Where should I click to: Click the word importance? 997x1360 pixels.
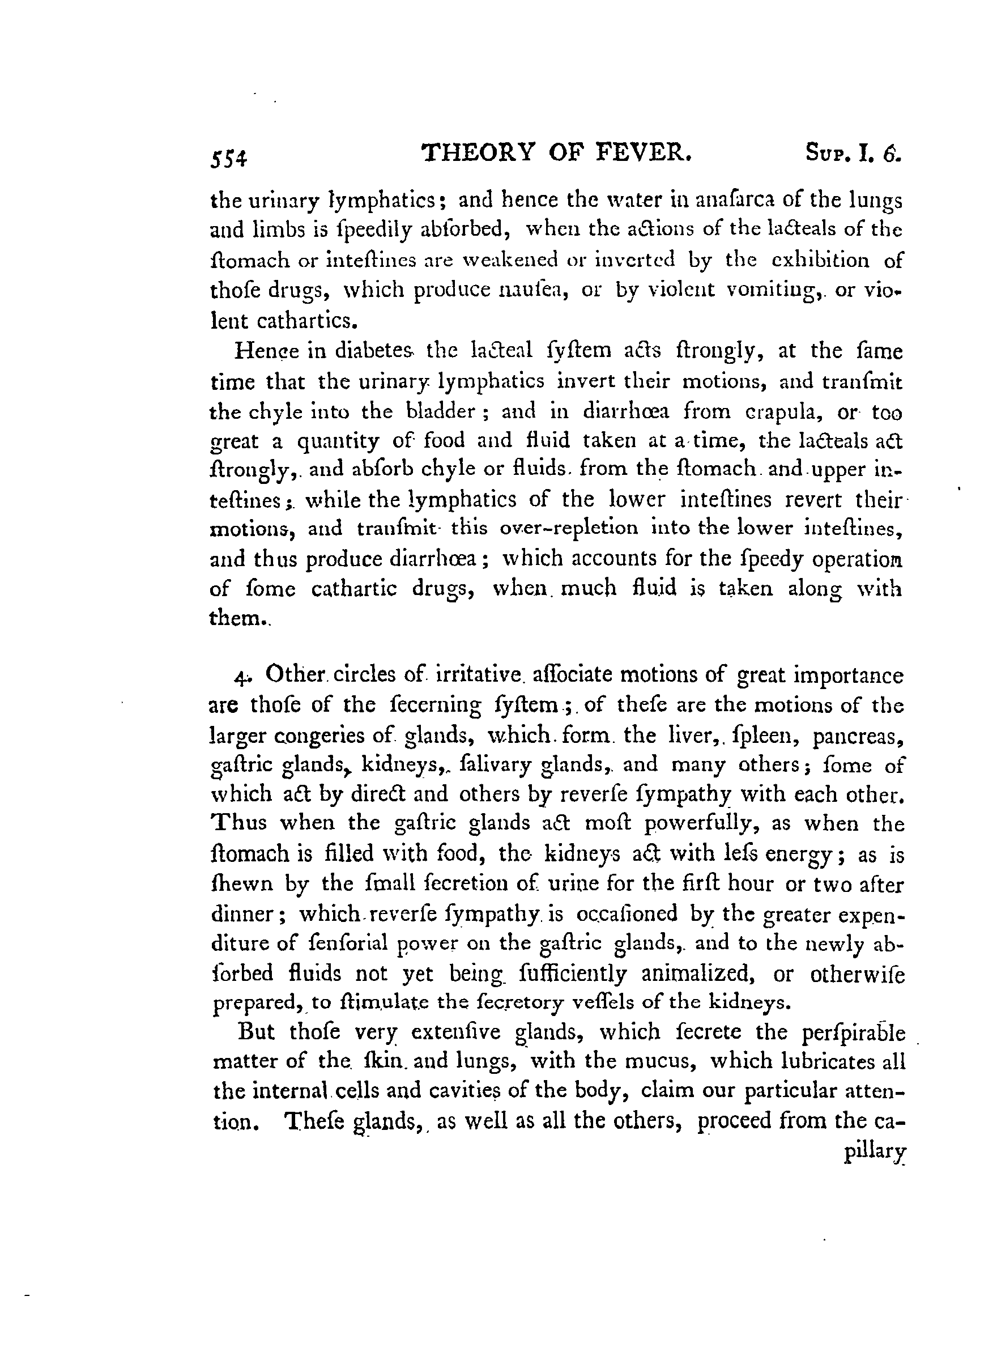pos(847,675)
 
